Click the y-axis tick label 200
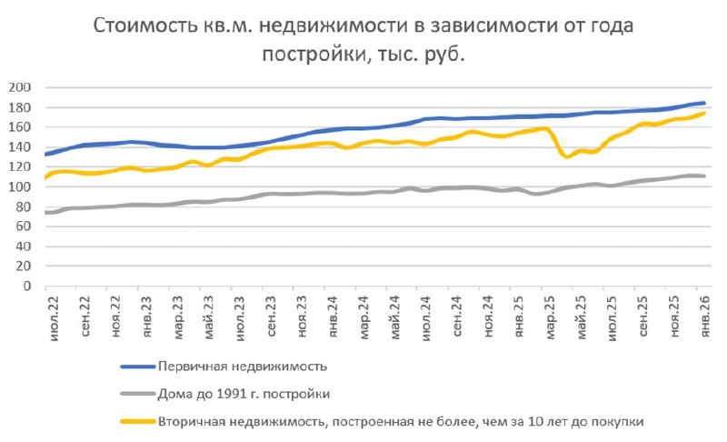(20, 87)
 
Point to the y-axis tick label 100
(20, 187)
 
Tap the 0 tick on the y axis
(27, 286)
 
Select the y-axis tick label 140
(20, 147)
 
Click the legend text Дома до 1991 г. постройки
(241, 393)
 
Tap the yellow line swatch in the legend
(136, 421)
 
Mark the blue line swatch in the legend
(136, 366)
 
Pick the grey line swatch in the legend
(136, 393)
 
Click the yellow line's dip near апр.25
(566, 156)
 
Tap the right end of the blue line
(704, 104)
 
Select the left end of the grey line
(45, 213)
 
